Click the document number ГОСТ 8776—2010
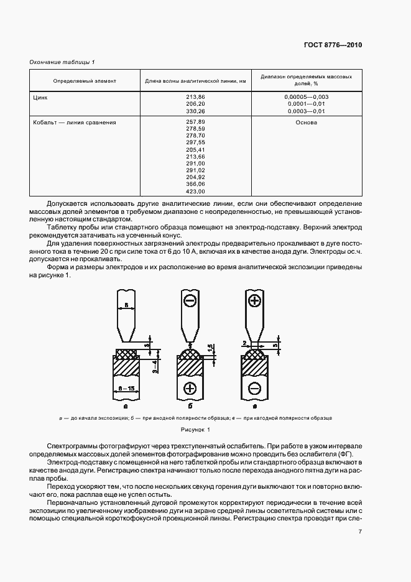(x=334, y=45)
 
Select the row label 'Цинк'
(x=40, y=98)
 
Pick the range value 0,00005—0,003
(x=306, y=98)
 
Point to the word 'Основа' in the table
(x=306, y=122)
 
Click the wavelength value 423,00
(x=195, y=191)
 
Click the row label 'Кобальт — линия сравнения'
(x=75, y=122)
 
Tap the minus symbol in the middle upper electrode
(x=190, y=301)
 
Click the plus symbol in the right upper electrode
(x=254, y=301)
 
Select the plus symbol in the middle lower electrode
(x=190, y=389)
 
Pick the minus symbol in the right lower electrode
(x=254, y=389)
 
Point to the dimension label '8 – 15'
(x=127, y=387)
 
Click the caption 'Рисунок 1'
(x=196, y=430)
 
